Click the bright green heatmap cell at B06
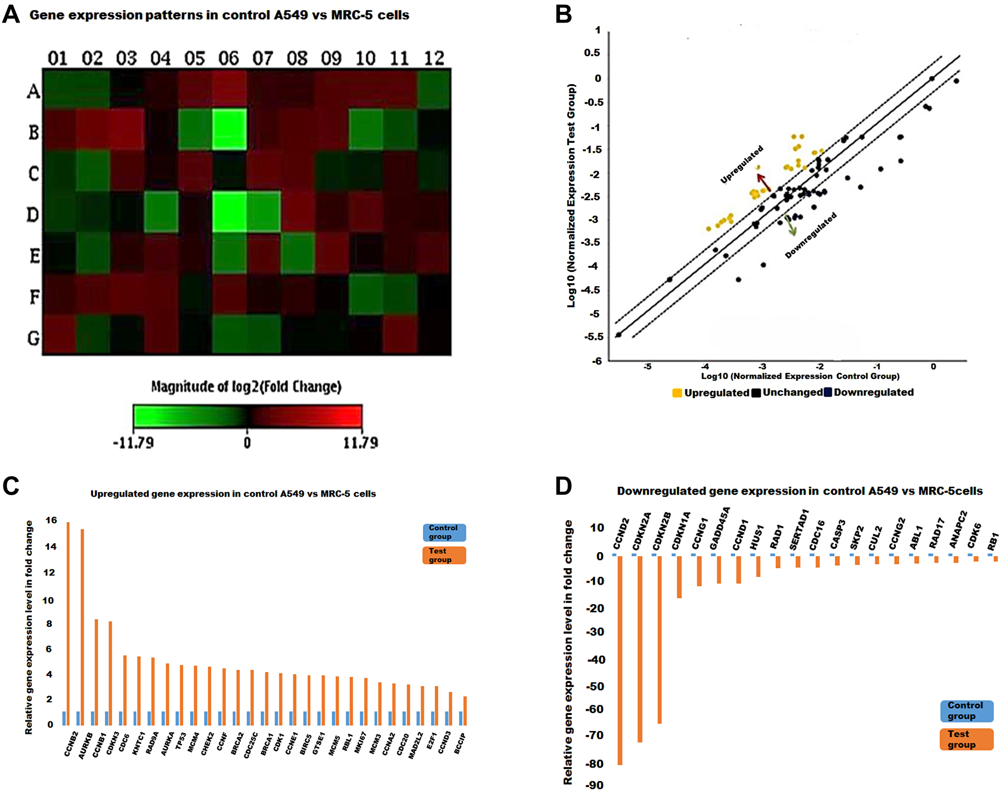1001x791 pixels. point(229,129)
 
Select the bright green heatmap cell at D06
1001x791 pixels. point(229,211)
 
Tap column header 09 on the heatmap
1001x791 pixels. point(331,59)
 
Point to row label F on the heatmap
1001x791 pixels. point(34,296)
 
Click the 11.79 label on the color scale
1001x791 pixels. point(360,443)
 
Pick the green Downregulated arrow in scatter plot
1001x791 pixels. point(790,226)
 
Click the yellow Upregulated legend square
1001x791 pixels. point(677,393)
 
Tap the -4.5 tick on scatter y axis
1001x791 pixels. point(591,290)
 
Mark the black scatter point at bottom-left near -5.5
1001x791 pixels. point(619,334)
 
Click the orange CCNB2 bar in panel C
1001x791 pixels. point(68,623)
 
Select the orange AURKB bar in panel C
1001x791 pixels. point(82,627)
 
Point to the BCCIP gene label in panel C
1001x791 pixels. point(460,743)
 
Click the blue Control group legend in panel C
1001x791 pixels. point(444,532)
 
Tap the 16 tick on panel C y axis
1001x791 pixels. point(51,520)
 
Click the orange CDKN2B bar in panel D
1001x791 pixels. point(660,639)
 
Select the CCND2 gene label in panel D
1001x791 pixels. point(621,534)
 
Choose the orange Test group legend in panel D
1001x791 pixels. point(966,739)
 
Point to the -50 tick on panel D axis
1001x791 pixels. point(596,686)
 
